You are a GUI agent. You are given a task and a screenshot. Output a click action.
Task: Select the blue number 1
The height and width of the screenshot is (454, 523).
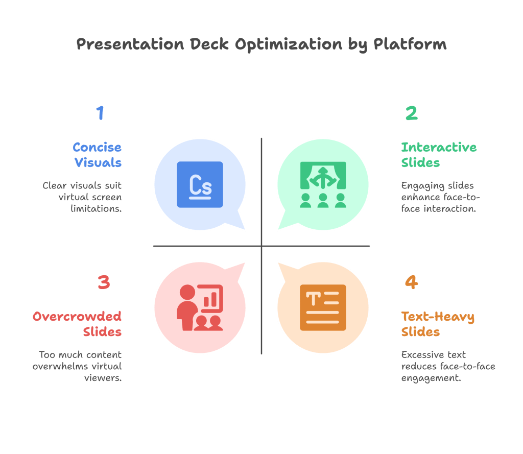click(100, 113)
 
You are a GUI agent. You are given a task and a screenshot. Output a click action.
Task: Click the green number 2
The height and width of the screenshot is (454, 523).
click(411, 113)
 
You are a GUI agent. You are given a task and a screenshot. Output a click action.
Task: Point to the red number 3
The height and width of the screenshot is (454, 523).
click(104, 282)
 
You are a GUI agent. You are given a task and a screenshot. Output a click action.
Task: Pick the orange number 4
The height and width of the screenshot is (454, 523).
click(411, 282)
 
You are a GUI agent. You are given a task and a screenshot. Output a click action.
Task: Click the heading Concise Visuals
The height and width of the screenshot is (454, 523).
click(97, 155)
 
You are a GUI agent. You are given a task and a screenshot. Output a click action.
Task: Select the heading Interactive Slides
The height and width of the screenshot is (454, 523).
click(439, 155)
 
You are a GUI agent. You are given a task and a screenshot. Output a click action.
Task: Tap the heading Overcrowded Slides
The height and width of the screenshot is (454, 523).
click(77, 324)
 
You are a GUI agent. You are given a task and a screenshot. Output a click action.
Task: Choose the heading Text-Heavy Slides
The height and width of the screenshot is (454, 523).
click(438, 324)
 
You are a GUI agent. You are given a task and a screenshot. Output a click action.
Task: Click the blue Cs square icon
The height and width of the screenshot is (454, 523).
click(200, 184)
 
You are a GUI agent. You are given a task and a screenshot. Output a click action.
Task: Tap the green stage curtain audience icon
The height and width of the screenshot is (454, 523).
click(323, 184)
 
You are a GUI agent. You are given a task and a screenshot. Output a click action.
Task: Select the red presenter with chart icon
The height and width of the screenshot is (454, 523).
click(200, 307)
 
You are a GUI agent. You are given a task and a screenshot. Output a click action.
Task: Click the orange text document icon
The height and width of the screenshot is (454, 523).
click(323, 307)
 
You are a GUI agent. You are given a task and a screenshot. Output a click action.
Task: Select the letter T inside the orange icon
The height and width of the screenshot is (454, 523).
click(312, 296)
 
